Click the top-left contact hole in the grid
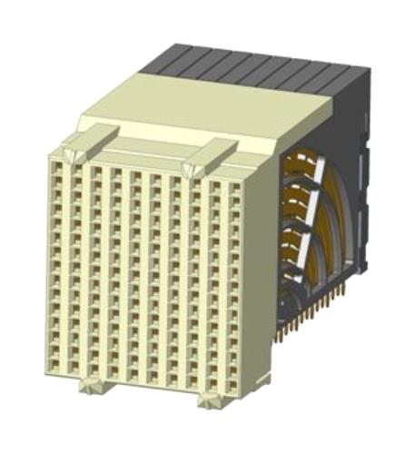(54, 162)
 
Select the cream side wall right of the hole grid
(258, 272)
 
